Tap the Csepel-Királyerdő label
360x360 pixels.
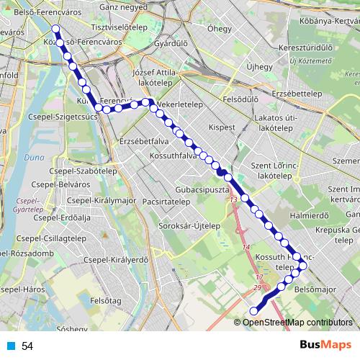(x=116, y=260)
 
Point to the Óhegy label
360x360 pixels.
(x=219, y=29)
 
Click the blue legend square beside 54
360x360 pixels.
(x=11, y=346)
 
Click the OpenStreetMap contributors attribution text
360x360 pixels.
(x=297, y=322)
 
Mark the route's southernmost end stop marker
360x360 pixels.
(x=253, y=311)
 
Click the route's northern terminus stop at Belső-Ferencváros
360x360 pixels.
(x=56, y=30)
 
